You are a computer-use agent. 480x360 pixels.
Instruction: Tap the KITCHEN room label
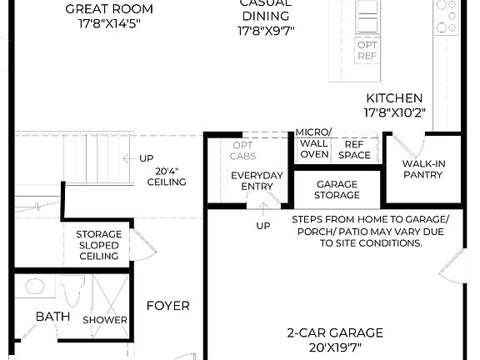point(393,97)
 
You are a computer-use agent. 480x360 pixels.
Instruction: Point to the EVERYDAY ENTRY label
point(257,180)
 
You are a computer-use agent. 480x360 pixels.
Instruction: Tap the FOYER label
point(167,306)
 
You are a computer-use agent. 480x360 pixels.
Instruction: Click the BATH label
point(52,317)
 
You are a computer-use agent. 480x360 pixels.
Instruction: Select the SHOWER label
point(105,320)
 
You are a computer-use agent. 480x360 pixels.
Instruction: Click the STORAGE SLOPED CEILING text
point(98,245)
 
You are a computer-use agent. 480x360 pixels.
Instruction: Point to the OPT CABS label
point(244,150)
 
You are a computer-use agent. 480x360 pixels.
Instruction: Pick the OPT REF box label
point(367,50)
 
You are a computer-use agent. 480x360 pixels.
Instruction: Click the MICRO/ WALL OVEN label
point(313,142)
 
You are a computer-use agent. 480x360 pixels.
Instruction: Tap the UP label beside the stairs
point(146,158)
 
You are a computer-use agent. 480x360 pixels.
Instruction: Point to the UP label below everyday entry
point(262,226)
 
